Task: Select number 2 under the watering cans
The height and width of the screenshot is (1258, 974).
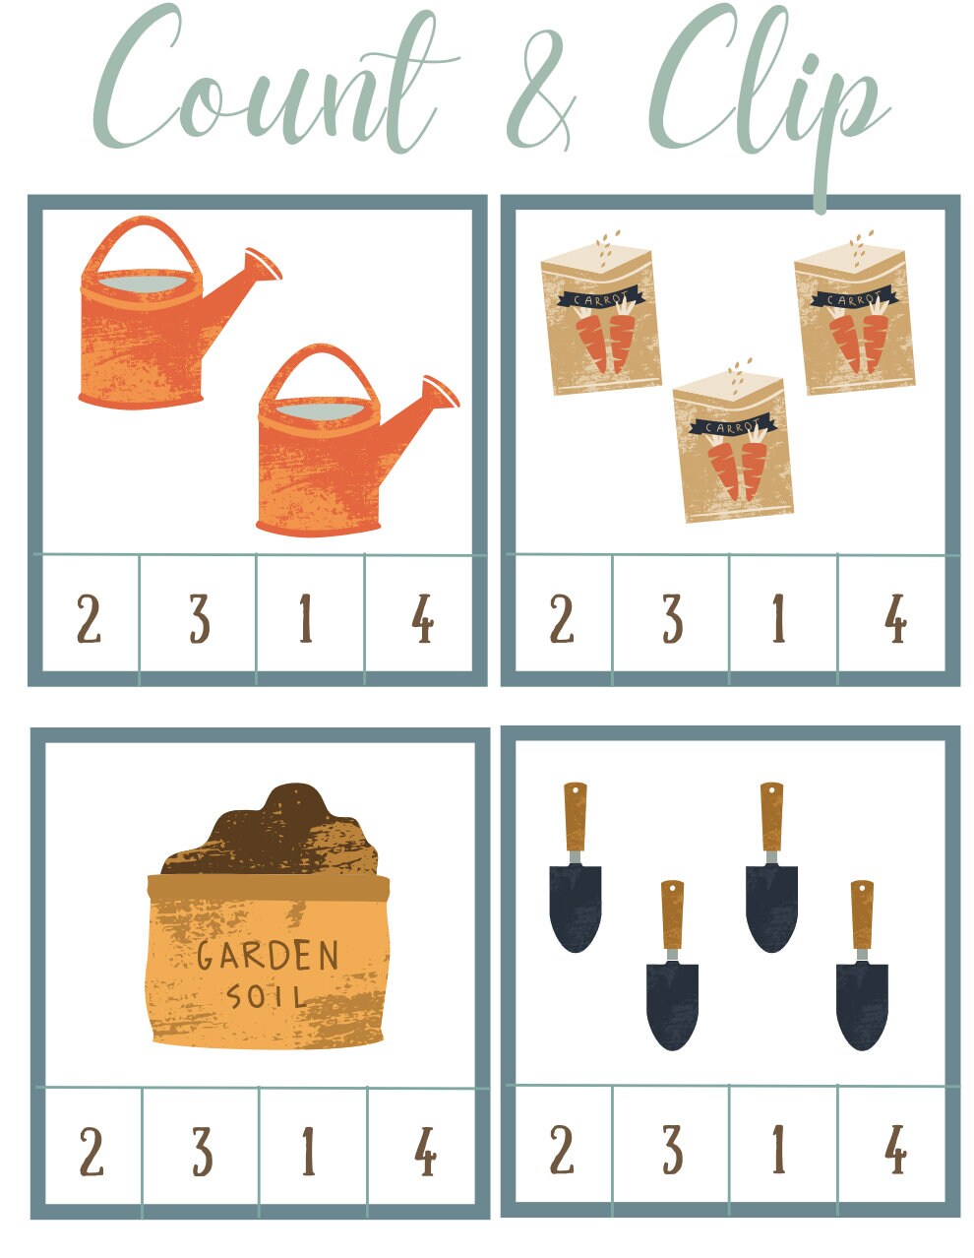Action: click(x=89, y=620)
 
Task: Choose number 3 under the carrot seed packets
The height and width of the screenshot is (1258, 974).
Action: click(x=671, y=620)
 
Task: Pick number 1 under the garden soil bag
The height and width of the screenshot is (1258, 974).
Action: click(x=308, y=1152)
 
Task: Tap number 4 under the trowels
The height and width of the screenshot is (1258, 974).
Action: click(x=894, y=1150)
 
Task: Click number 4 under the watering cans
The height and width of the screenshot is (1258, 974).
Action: click(x=422, y=620)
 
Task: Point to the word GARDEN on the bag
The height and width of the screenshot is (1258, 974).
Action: click(x=268, y=956)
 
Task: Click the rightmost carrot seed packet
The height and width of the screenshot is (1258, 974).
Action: click(x=854, y=320)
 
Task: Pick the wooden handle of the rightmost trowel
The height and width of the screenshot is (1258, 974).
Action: click(x=862, y=915)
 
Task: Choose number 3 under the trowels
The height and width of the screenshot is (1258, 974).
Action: click(x=671, y=1150)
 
